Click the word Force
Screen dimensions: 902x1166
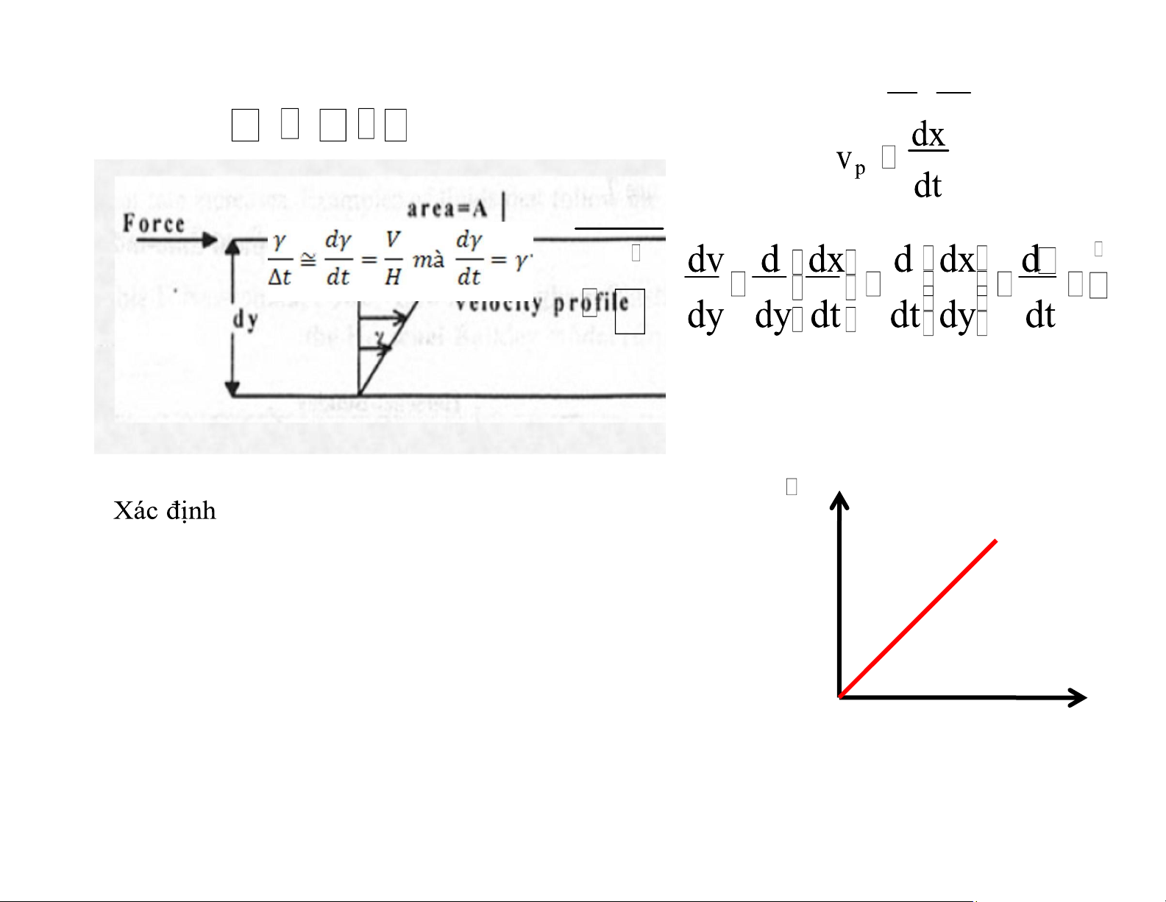(154, 223)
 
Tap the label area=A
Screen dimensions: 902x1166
(447, 209)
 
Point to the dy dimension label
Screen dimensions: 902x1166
(245, 320)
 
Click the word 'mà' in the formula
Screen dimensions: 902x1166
(428, 260)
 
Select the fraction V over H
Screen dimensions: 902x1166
(393, 258)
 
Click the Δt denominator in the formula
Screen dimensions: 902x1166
(280, 278)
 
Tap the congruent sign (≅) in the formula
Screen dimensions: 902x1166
(308, 259)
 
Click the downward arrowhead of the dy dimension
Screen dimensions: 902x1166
(232, 390)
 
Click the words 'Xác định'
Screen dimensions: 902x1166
(165, 510)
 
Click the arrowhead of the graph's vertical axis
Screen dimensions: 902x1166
(839, 500)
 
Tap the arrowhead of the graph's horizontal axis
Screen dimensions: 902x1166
(1078, 697)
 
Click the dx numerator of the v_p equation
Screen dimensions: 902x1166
(928, 135)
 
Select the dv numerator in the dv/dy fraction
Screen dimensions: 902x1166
(705, 260)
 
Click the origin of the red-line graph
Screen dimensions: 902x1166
(840, 697)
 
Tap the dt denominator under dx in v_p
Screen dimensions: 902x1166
(928, 186)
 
